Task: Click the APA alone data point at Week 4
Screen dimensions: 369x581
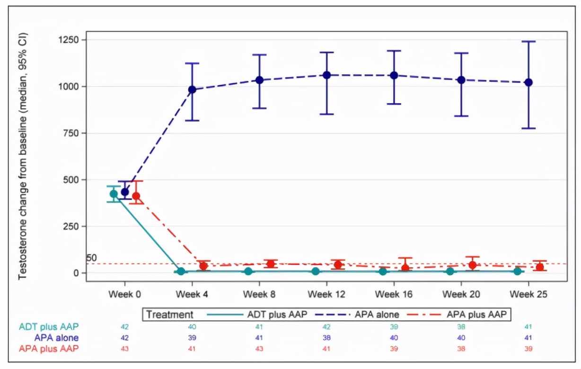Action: click(x=192, y=89)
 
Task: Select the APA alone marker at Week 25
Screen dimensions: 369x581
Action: click(x=529, y=82)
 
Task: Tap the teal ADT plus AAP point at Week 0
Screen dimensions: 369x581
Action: click(x=114, y=193)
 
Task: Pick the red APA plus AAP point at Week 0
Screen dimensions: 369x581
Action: click(x=136, y=196)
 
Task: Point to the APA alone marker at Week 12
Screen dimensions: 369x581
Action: click(x=327, y=75)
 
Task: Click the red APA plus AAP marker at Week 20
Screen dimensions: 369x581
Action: click(x=472, y=265)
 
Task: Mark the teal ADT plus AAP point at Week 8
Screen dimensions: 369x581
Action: click(x=248, y=271)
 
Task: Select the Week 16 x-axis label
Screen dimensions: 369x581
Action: click(x=394, y=294)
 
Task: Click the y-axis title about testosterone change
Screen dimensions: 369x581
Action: click(x=23, y=156)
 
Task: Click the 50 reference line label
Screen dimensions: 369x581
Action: click(x=91, y=258)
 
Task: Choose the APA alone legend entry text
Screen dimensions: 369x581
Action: click(x=376, y=314)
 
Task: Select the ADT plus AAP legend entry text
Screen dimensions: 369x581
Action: click(x=277, y=314)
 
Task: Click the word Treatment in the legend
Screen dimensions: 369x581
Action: click(x=169, y=314)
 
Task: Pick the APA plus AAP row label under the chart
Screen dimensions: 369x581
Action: click(x=49, y=349)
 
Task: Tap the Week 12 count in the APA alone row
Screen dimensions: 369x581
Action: click(x=327, y=338)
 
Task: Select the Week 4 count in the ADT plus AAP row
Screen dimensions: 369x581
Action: click(x=192, y=327)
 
